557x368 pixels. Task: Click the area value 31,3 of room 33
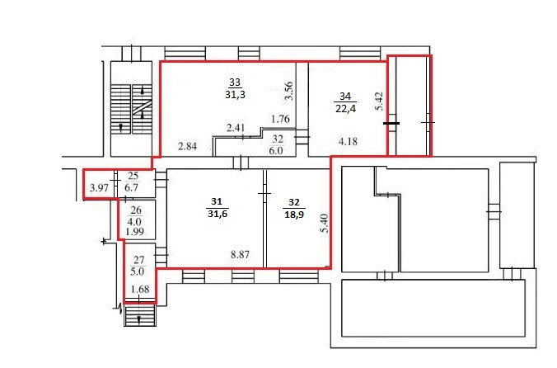(x=235, y=95)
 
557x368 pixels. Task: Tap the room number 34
(x=345, y=96)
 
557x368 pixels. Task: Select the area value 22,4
(x=345, y=108)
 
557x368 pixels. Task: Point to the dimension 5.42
(x=379, y=101)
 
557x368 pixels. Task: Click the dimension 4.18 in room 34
(x=348, y=142)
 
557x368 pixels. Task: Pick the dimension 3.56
(x=289, y=91)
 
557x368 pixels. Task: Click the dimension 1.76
(x=280, y=119)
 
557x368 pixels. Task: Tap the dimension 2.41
(x=236, y=128)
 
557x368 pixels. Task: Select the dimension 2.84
(x=187, y=146)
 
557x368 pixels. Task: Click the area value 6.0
(x=276, y=150)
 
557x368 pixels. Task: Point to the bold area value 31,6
(x=218, y=214)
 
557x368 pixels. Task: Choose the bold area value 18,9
(x=294, y=215)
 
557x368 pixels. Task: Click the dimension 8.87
(x=240, y=255)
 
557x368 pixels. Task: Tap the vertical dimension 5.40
(x=325, y=223)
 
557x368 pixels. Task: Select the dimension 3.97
(x=99, y=188)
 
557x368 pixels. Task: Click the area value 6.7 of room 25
(x=132, y=187)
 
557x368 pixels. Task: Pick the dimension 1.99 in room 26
(x=134, y=232)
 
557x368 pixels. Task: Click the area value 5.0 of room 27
(x=137, y=271)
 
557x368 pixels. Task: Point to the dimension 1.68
(x=140, y=290)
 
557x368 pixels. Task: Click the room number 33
(x=235, y=83)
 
